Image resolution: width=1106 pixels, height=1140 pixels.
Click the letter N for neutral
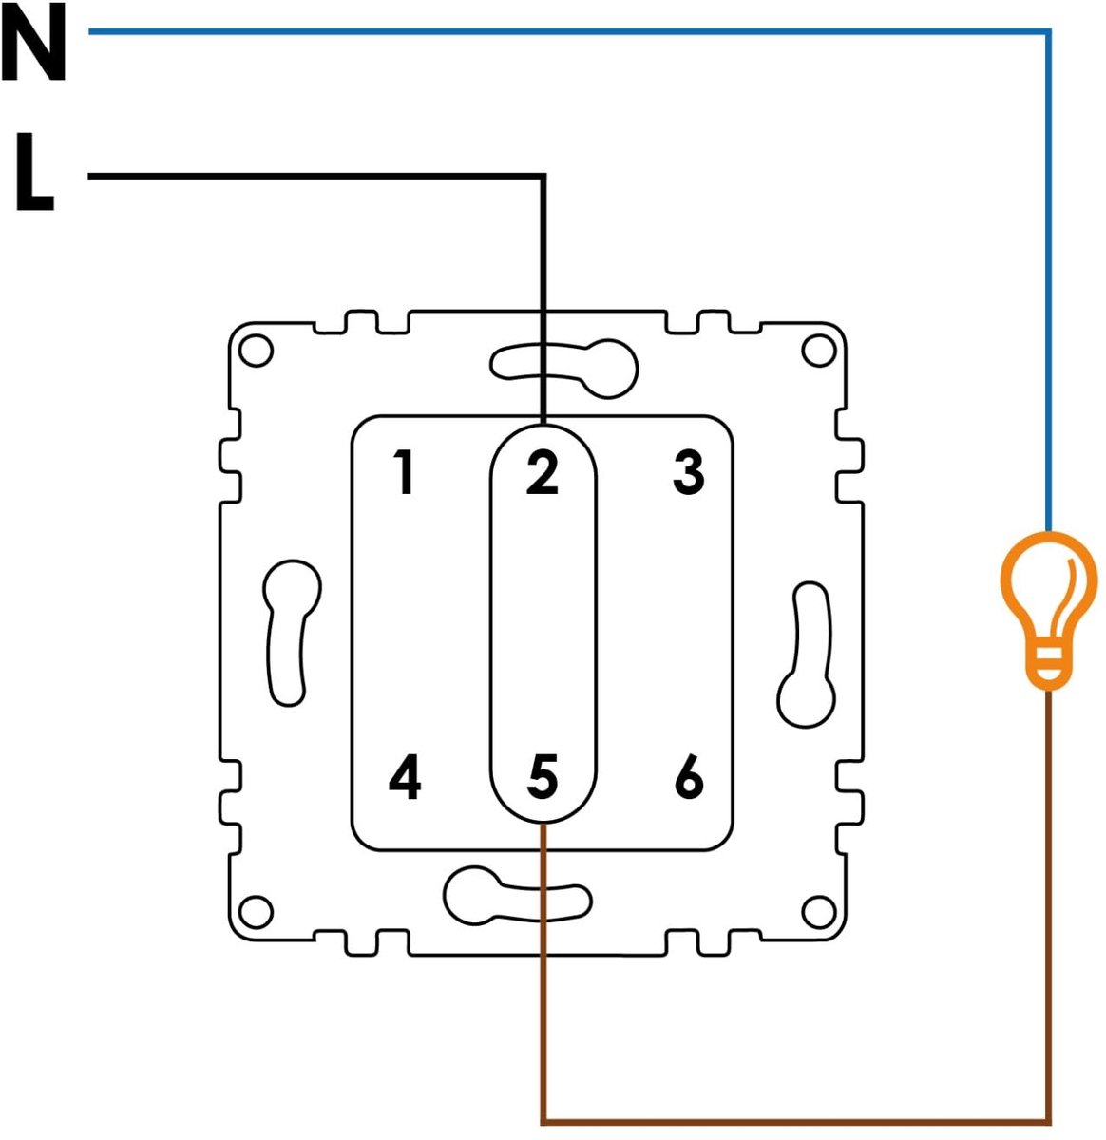(x=33, y=42)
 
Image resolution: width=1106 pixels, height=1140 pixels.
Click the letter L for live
(x=34, y=171)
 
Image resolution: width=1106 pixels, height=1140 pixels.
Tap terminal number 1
(x=404, y=472)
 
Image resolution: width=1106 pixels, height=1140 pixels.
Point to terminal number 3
(x=688, y=472)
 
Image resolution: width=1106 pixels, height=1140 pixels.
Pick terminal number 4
(x=405, y=777)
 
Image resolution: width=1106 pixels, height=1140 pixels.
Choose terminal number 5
(x=542, y=777)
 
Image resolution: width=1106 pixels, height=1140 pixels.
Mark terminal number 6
(x=689, y=777)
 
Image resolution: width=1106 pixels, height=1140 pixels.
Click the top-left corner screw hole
(x=256, y=351)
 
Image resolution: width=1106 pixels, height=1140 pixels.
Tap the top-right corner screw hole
(x=818, y=351)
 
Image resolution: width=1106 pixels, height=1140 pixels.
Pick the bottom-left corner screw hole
(x=257, y=913)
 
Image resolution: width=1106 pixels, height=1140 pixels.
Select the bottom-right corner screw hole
(x=818, y=913)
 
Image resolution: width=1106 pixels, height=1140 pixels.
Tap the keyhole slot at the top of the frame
(x=563, y=369)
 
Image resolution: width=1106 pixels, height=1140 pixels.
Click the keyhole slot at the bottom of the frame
(x=517, y=896)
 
